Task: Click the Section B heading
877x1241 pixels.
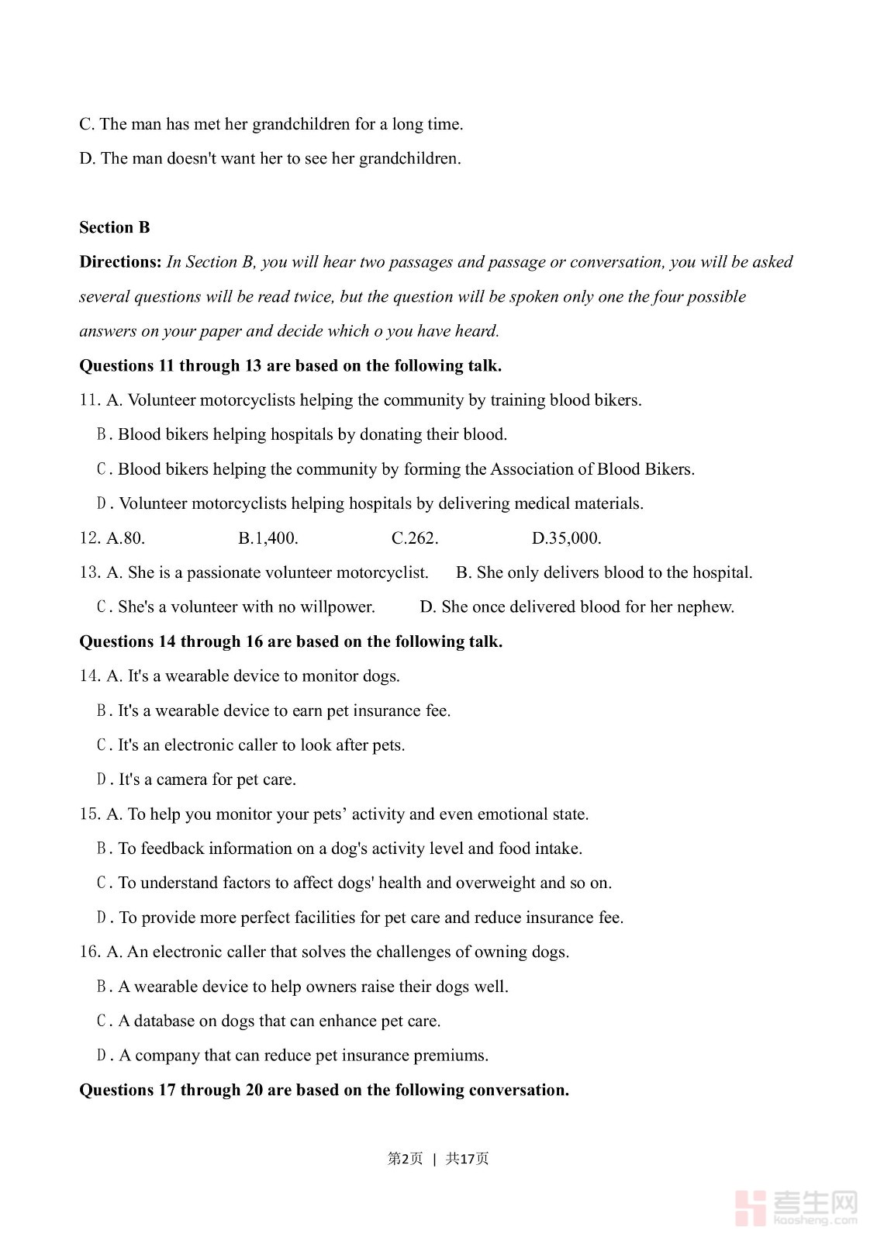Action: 114,227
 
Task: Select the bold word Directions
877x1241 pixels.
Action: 120,262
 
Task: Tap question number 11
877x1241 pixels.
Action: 89,400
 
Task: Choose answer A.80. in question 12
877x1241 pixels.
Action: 126,538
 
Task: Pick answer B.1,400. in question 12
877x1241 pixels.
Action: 268,538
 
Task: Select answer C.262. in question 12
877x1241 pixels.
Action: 415,538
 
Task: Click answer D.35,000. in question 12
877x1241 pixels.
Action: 567,538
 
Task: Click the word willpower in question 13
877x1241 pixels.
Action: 338,607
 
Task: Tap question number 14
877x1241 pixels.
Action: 89,676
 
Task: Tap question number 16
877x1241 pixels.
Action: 89,952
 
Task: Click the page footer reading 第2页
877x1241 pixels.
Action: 406,1159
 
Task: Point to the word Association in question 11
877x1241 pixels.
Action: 533,469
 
